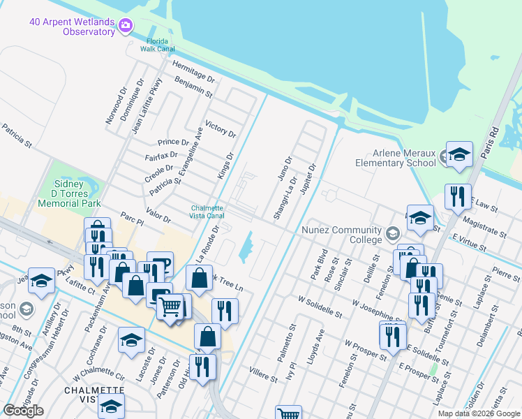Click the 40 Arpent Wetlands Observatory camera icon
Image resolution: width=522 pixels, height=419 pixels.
(126, 26)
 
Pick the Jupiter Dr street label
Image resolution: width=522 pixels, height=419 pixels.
(308, 182)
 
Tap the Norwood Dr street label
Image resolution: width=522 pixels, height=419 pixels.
(117, 105)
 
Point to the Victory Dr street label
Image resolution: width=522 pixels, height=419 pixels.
(221, 126)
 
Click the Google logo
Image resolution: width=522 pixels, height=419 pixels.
(24, 411)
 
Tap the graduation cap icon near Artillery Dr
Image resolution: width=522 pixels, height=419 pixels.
(41, 281)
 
